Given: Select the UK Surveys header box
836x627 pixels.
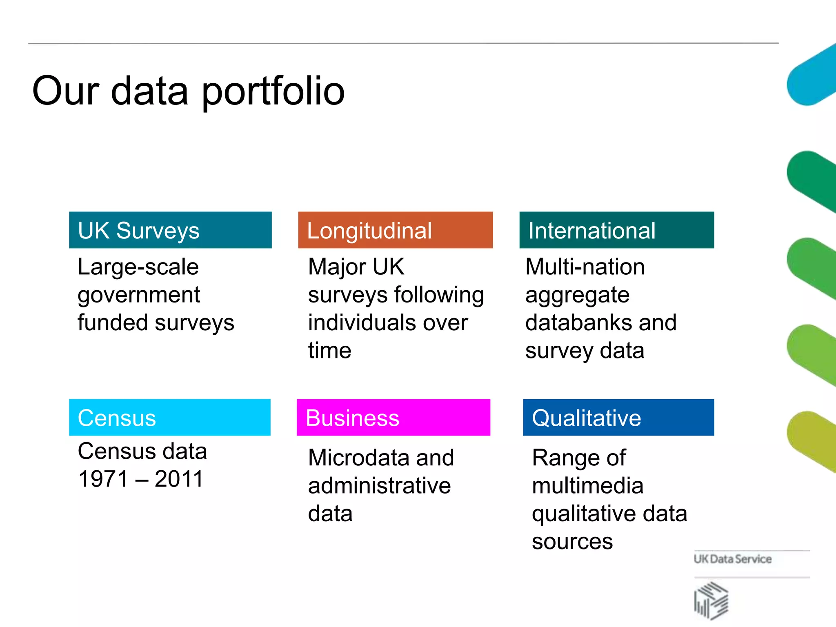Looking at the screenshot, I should pyautogui.click(x=170, y=230).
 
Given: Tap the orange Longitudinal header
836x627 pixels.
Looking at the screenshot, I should pyautogui.click(x=395, y=230).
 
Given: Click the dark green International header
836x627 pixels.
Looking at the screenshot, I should pyautogui.click(x=616, y=230).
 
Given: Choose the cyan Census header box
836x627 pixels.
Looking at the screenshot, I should pyautogui.click(x=169, y=417).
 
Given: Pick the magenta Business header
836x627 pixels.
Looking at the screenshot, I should pyautogui.click(x=393, y=417).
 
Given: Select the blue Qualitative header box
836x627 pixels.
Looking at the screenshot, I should pyautogui.click(x=618, y=417).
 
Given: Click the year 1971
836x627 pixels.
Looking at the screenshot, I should pyautogui.click(x=103, y=479).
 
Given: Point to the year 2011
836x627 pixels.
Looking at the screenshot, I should pyautogui.click(x=179, y=479).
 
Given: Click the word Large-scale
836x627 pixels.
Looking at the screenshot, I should pyautogui.click(x=138, y=267).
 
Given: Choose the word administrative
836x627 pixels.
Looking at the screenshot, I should pyautogui.click(x=379, y=486).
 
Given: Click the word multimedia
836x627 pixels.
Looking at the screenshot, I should pyautogui.click(x=587, y=486).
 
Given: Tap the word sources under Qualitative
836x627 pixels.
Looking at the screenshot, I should pyautogui.click(x=572, y=542).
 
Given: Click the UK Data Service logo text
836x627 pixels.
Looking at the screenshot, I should pyautogui.click(x=732, y=559).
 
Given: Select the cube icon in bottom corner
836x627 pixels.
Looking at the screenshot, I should pyautogui.click(x=711, y=600).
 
